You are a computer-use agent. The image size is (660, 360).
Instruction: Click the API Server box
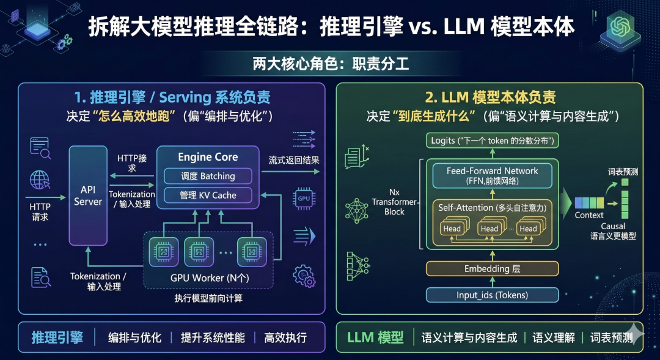[x=88, y=196]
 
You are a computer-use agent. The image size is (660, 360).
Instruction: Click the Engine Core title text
[x=208, y=157]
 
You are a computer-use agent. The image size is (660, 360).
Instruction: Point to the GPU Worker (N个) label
[x=208, y=278]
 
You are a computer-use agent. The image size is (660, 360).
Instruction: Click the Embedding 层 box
[x=492, y=269]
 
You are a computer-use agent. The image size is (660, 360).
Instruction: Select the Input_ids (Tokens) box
[x=492, y=295]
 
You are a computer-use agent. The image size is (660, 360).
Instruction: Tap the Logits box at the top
[x=492, y=141]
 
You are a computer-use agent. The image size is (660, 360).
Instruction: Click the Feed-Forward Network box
[x=492, y=175]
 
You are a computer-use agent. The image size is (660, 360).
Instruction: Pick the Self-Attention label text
[x=466, y=208]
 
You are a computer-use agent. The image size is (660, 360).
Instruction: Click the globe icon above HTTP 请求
[x=40, y=180]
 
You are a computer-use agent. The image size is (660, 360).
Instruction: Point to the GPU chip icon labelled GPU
[x=304, y=198]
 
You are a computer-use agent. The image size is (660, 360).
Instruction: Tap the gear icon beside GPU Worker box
[x=304, y=276]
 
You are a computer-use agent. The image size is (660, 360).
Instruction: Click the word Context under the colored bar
[x=588, y=215]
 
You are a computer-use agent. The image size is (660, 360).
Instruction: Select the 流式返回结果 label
[x=294, y=161]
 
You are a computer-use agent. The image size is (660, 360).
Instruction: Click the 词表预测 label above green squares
[x=623, y=172]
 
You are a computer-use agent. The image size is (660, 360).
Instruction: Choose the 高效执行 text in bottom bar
[x=285, y=337]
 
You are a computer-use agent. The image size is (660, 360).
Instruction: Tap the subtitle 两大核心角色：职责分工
[x=330, y=64]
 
